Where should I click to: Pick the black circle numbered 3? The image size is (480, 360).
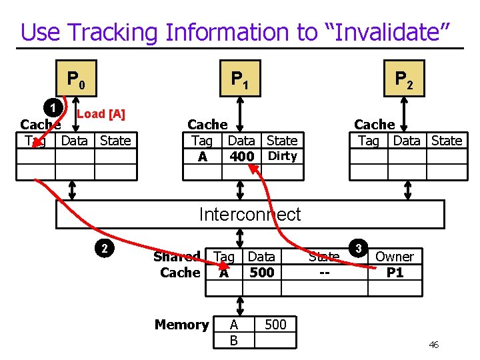(358, 249)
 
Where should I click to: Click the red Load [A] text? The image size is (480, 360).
(101, 114)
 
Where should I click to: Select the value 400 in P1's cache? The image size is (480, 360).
(241, 157)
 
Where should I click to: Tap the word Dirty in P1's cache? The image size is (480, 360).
(282, 156)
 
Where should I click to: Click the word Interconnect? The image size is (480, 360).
(250, 214)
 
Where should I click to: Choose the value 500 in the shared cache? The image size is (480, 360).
(261, 273)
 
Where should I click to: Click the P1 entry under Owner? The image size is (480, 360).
(395, 273)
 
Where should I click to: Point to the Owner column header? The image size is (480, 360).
(395, 257)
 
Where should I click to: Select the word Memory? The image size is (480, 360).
(181, 325)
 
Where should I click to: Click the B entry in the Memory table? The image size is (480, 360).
(233, 341)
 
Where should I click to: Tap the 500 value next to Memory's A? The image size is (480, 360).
(275, 325)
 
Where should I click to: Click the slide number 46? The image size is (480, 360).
(433, 345)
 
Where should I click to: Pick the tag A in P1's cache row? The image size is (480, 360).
(202, 157)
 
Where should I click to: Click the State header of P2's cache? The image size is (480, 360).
(446, 141)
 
